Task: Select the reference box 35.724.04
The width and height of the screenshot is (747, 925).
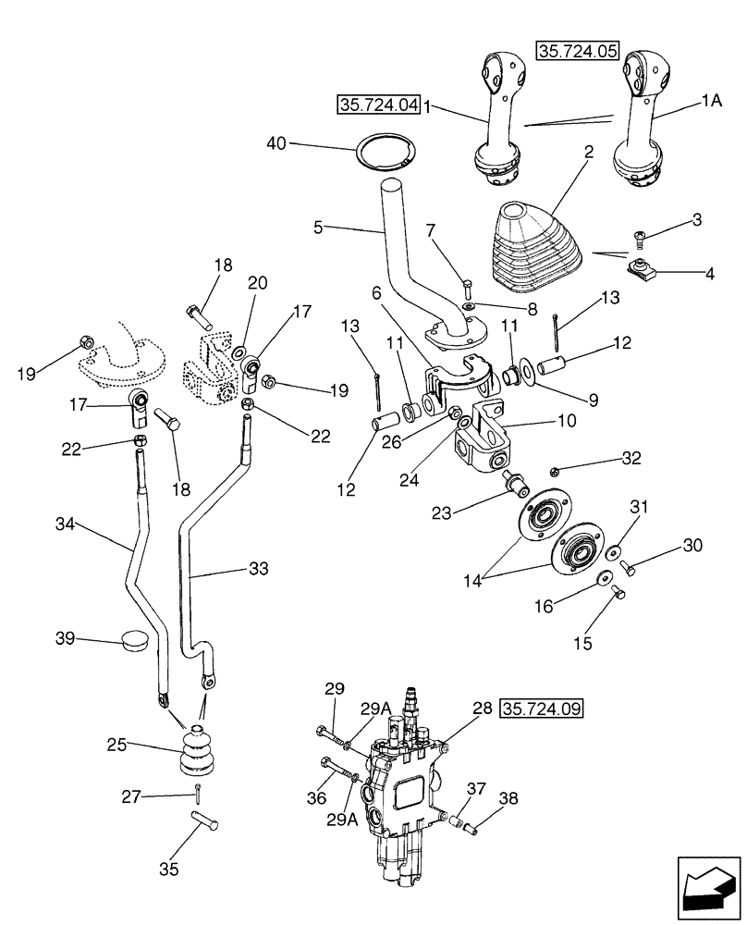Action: pos(378,105)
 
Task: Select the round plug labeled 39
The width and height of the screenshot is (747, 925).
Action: pos(136,641)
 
